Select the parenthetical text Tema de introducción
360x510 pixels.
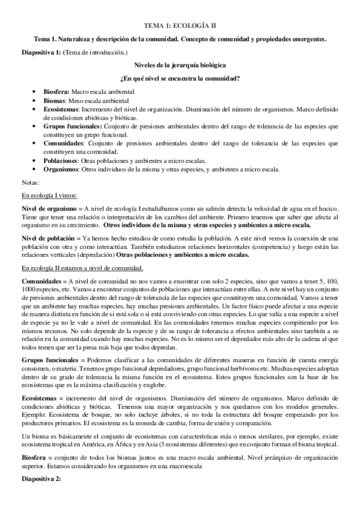pyautogui.click(x=96, y=52)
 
